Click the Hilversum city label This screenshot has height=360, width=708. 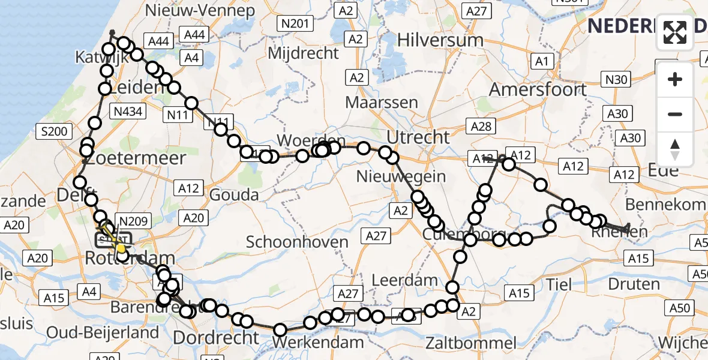(440, 40)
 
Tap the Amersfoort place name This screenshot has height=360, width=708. (538, 89)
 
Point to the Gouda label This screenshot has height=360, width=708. (233, 194)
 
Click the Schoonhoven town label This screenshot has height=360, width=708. (298, 242)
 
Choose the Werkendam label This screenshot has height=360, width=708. (317, 342)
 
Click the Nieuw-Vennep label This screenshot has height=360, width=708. (200, 10)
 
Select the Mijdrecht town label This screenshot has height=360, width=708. (303, 53)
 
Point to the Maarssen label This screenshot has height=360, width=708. (382, 102)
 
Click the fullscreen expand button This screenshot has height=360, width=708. (675, 32)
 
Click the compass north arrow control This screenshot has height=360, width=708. (675, 149)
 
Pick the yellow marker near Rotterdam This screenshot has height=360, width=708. (121, 247)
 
